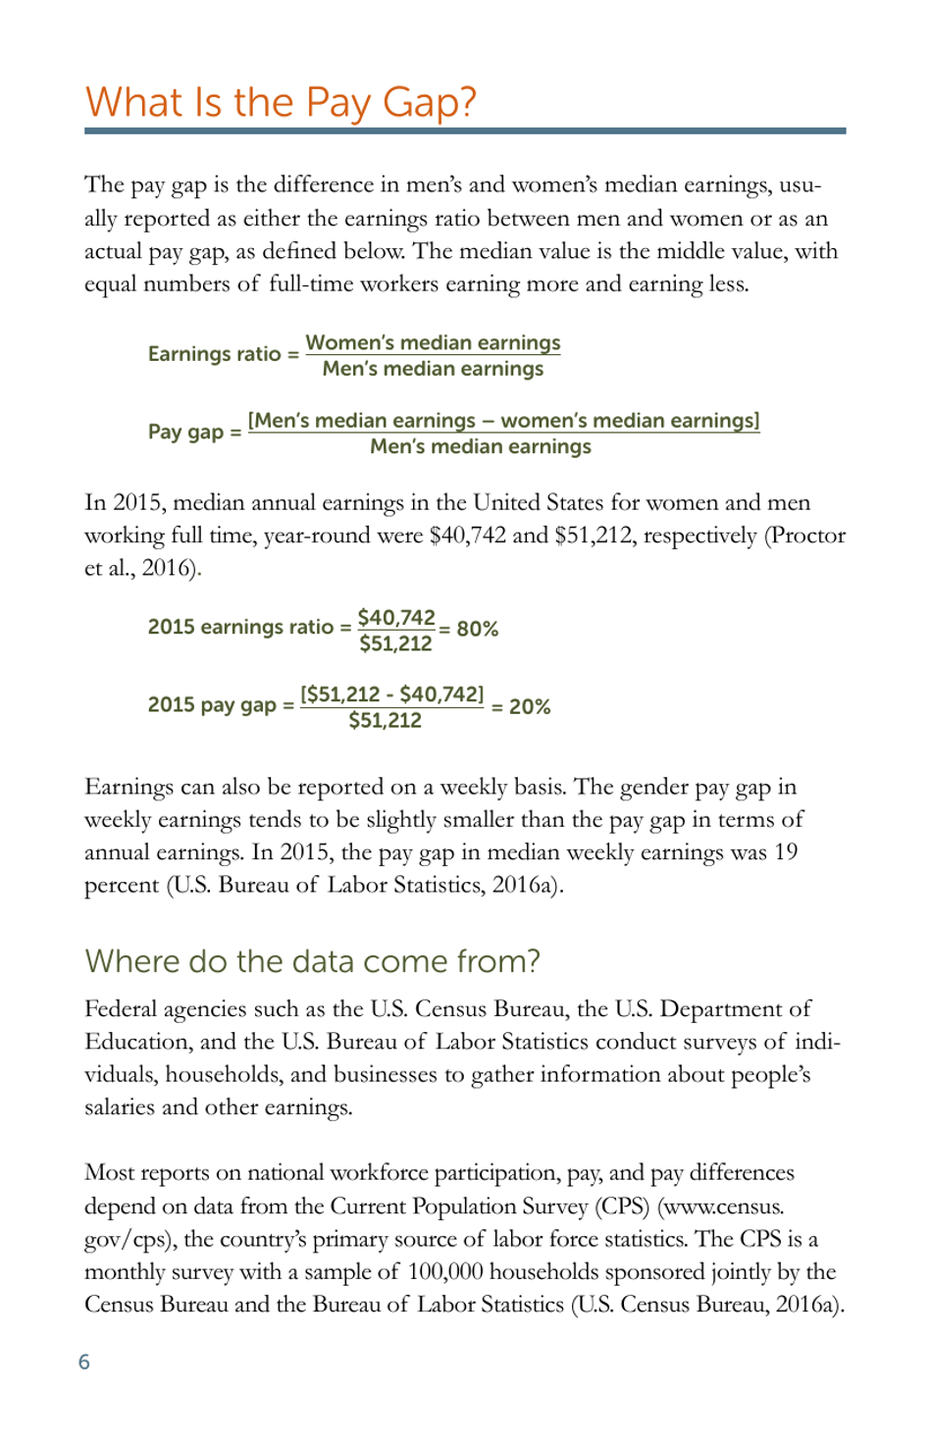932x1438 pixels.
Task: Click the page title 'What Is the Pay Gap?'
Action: pos(281,102)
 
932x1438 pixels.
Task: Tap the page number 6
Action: pos(84,1361)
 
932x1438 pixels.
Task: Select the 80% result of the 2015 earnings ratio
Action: pos(478,629)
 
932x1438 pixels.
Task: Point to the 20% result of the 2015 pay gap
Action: pos(530,706)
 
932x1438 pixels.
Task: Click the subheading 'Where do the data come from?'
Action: pos(312,961)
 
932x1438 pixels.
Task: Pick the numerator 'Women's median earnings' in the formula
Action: pos(433,343)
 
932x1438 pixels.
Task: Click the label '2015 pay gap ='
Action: pos(221,705)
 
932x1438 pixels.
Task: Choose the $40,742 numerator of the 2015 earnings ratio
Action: pos(396,618)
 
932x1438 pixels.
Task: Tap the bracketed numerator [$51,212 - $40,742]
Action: pos(392,694)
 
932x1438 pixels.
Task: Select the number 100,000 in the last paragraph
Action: pos(445,1272)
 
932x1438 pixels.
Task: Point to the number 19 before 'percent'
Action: pos(786,852)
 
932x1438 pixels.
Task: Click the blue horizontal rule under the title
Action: pos(465,130)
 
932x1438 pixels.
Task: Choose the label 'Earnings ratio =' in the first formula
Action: pos(224,354)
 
